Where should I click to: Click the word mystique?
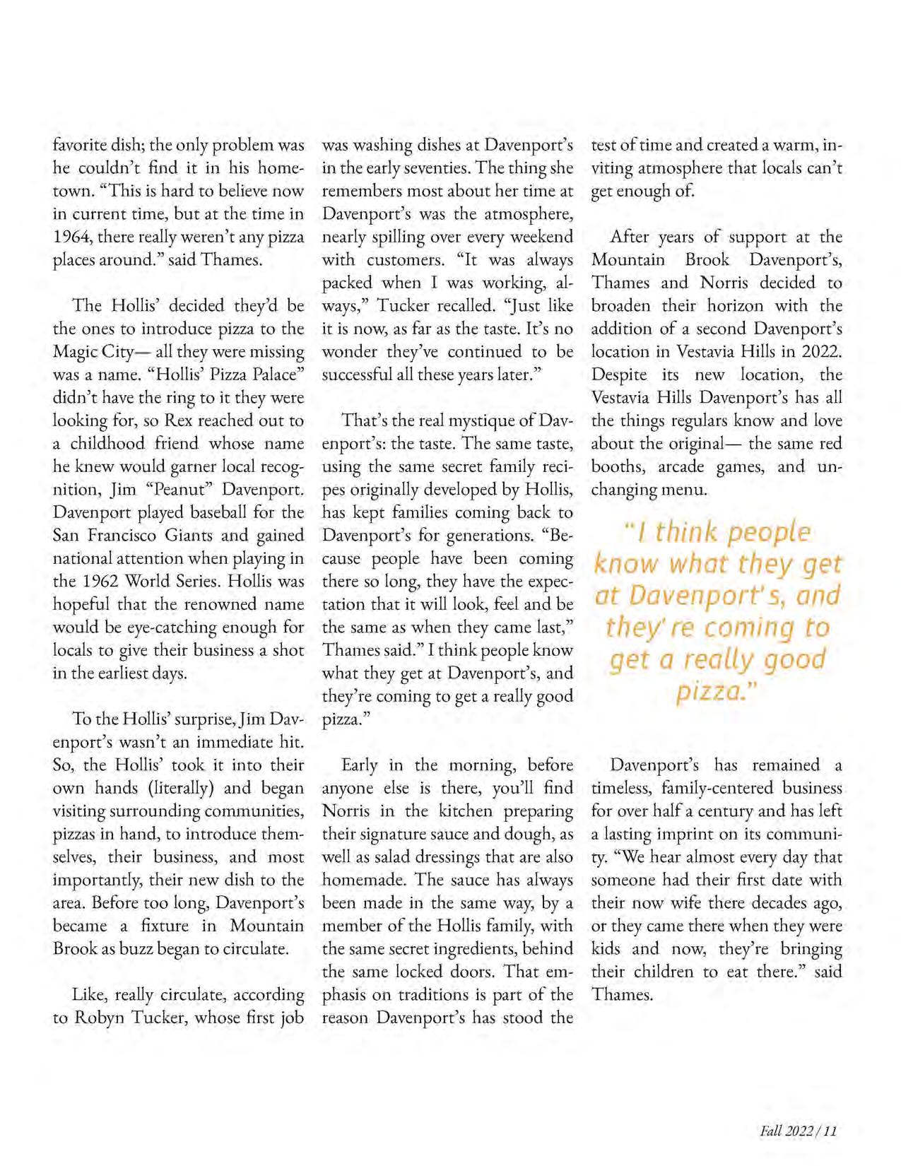click(479, 420)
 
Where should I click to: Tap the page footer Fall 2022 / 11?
click(798, 1131)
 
